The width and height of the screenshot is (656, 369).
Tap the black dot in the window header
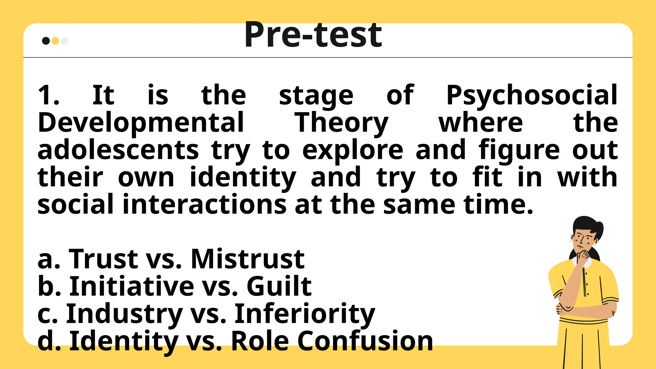click(x=46, y=41)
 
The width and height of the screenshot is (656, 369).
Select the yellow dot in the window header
click(x=55, y=41)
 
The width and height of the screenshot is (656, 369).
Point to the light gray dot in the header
click(x=65, y=41)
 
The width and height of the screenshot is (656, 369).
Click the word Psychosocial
click(x=532, y=96)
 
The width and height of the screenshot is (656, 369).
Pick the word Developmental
click(x=141, y=123)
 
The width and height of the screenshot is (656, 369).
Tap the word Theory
click(x=341, y=123)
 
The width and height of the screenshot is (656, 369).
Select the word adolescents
click(x=118, y=150)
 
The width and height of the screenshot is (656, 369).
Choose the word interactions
click(x=204, y=204)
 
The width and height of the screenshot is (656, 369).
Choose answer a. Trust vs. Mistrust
click(x=171, y=259)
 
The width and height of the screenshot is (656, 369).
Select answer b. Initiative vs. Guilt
click(x=175, y=286)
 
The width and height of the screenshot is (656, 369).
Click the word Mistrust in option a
click(x=248, y=259)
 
